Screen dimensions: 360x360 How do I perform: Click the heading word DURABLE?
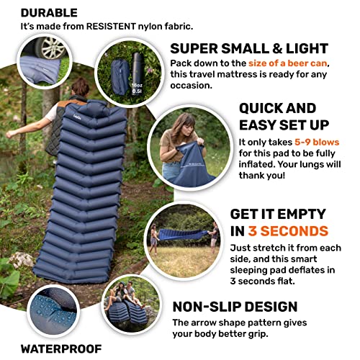pyautogui.click(x=50, y=12)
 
